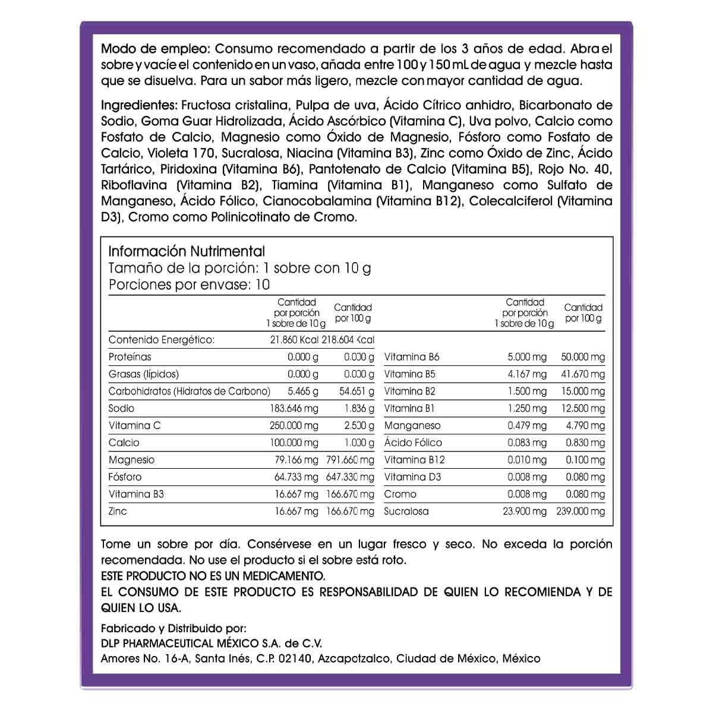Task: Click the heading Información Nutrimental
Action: coord(187,251)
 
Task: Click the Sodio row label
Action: coord(122,408)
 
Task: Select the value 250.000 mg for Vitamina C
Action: coord(294,425)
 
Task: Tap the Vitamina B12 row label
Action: coord(414,460)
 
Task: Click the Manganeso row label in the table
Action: coord(412,425)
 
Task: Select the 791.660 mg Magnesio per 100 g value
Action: coord(351,460)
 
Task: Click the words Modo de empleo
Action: coord(155,49)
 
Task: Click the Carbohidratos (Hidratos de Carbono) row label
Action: coord(189,391)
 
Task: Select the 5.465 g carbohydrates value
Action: coord(303,391)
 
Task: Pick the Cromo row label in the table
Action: coord(400,494)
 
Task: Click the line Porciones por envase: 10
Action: coord(189,285)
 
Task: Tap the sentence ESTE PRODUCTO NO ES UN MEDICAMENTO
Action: coord(213,576)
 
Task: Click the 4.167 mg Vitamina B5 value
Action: coord(527,374)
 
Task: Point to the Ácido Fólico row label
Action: coord(413,443)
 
